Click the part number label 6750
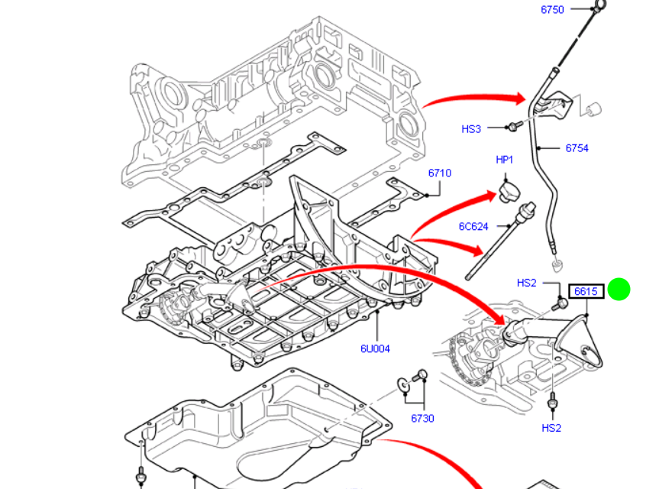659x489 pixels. click(x=551, y=9)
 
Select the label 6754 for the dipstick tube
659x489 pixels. click(x=577, y=148)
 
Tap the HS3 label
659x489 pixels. click(x=471, y=129)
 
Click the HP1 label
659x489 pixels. click(x=505, y=160)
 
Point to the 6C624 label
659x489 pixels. click(x=473, y=226)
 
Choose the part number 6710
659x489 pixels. click(x=439, y=173)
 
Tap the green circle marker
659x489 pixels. click(x=619, y=290)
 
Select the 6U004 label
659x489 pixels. click(x=375, y=349)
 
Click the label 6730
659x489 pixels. click(x=422, y=418)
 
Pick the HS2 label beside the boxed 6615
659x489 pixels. click(x=526, y=283)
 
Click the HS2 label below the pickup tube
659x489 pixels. click(x=551, y=428)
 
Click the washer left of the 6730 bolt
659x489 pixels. click(x=402, y=384)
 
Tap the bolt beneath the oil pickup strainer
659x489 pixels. click(x=551, y=401)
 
